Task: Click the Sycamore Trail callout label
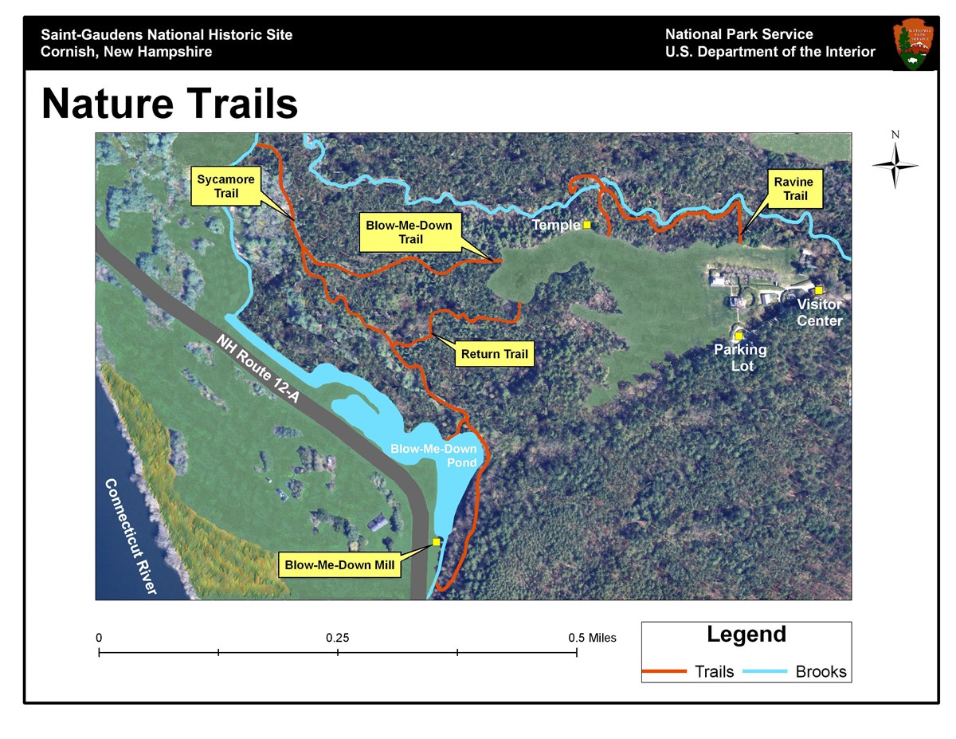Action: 226,187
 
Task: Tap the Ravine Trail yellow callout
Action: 789,189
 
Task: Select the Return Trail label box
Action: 494,354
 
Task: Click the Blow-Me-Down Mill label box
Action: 341,566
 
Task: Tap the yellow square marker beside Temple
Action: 587,225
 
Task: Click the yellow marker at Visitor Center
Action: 818,290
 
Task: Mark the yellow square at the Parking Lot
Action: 739,336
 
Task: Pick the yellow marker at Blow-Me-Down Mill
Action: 437,542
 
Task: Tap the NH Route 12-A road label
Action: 257,368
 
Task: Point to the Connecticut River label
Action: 131,536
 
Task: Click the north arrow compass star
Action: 895,165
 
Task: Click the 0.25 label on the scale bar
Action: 338,638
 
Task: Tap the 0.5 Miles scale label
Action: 592,638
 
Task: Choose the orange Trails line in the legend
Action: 664,671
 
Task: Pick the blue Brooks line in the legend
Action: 766,671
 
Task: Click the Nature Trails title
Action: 170,104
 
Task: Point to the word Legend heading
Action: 746,635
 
